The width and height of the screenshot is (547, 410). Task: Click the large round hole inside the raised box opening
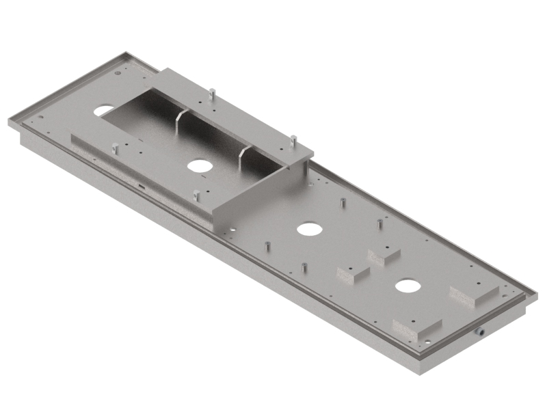click(x=199, y=165)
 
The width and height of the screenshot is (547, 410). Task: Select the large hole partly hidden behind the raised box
click(x=105, y=109)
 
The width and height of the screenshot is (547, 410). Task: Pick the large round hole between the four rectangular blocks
click(x=408, y=286)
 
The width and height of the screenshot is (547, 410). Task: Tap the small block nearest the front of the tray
click(x=352, y=274)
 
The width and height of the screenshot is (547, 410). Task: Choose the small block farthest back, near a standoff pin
click(x=384, y=256)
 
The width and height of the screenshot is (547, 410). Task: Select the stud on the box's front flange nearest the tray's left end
click(x=115, y=147)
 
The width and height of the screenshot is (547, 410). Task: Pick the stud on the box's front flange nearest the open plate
click(x=196, y=195)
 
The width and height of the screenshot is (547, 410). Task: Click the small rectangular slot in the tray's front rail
click(x=140, y=185)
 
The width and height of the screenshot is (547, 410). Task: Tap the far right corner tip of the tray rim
click(x=537, y=295)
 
